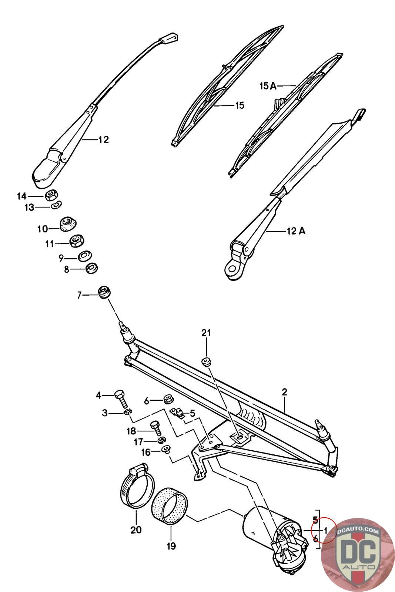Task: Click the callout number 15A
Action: (x=268, y=86)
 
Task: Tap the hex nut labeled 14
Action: (x=50, y=196)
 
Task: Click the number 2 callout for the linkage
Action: (x=284, y=392)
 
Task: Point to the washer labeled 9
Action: (x=85, y=256)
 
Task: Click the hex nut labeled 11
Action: (x=77, y=241)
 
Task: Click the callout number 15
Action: (x=240, y=105)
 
